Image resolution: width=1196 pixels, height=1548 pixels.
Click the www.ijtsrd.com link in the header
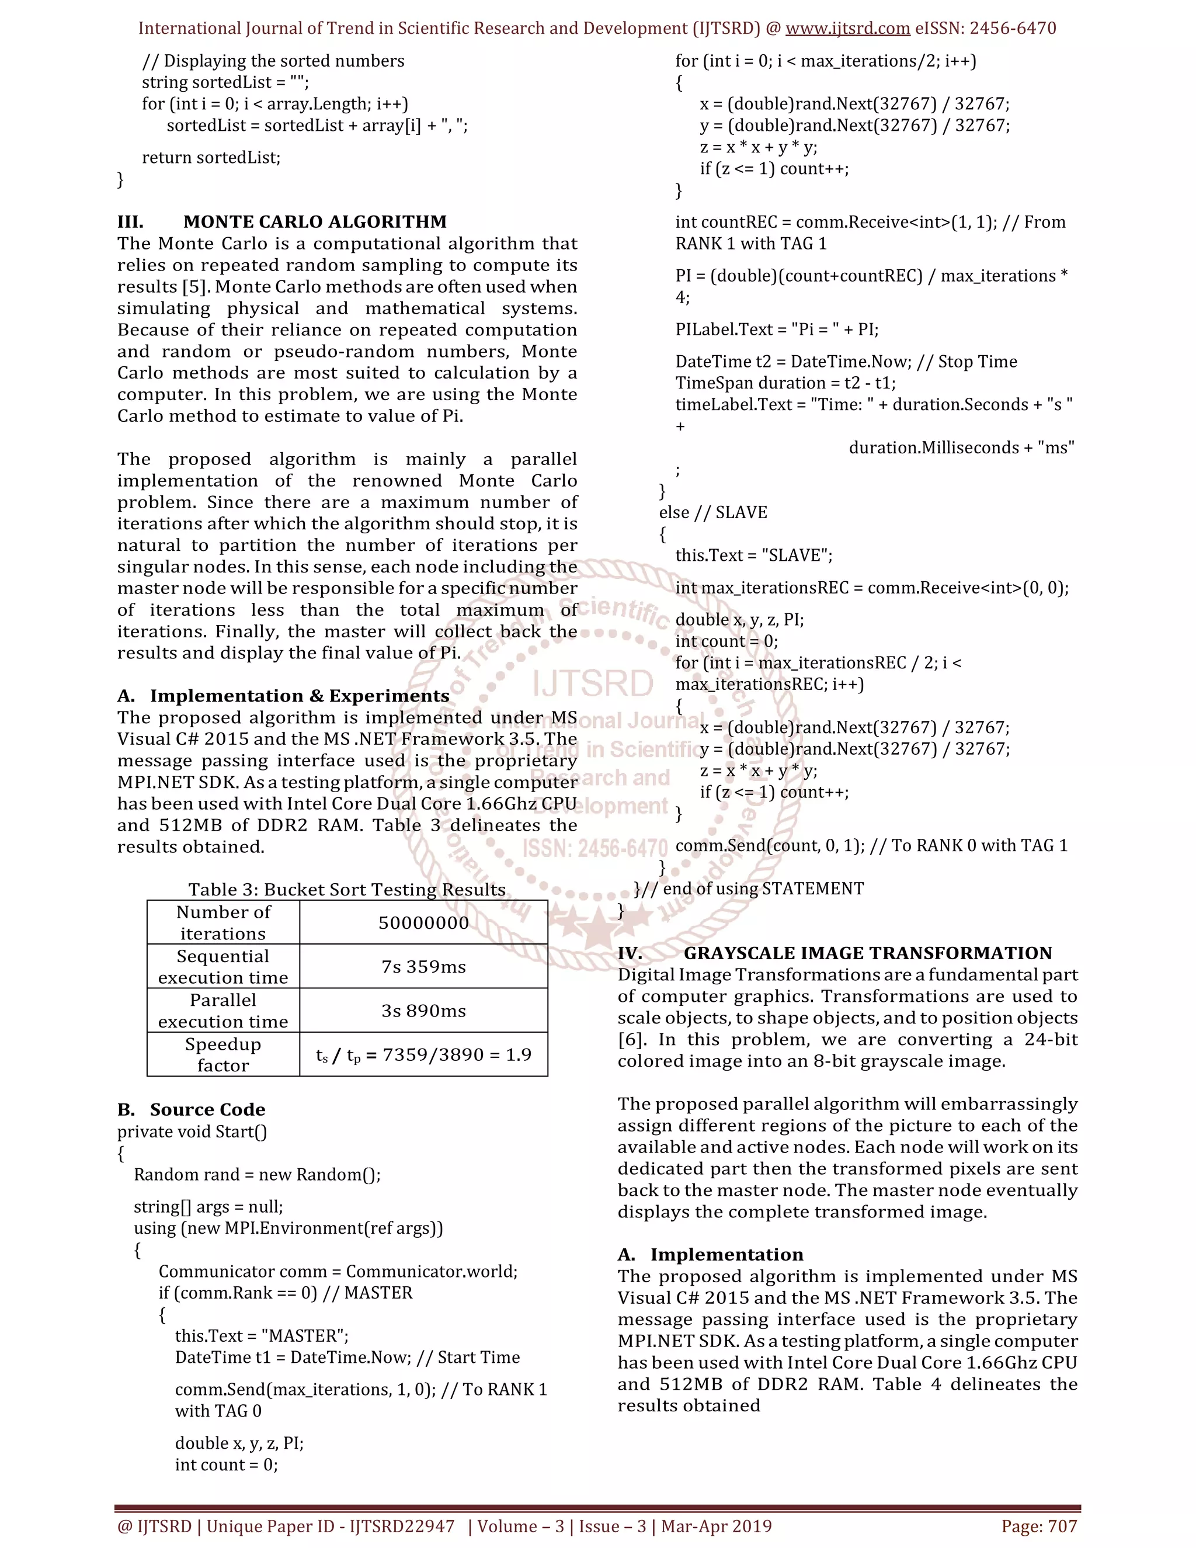click(x=847, y=29)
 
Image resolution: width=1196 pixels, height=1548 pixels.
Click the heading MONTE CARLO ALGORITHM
click(x=315, y=222)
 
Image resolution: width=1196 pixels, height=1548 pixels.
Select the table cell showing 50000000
click(x=423, y=923)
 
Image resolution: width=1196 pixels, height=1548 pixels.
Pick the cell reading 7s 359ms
click(x=423, y=967)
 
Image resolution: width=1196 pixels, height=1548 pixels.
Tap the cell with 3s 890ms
click(x=423, y=1011)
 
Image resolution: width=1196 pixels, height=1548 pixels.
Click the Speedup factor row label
click(x=222, y=1054)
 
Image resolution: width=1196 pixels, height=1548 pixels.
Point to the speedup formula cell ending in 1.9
click(x=423, y=1054)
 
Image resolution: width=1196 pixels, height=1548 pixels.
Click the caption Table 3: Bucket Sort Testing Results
click(x=346, y=890)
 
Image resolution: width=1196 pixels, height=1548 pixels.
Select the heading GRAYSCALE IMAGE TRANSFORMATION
click(x=867, y=953)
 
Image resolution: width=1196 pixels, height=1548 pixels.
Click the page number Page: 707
click(x=1039, y=1526)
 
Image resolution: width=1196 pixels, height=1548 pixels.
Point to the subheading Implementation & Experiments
click(x=299, y=696)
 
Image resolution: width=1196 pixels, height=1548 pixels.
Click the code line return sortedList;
click(x=211, y=157)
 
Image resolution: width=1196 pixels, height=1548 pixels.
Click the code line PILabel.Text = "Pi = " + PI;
click(x=777, y=329)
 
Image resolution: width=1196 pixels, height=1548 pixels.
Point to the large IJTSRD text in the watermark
click(x=592, y=683)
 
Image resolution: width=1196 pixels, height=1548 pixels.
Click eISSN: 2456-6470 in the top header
click(x=986, y=29)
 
